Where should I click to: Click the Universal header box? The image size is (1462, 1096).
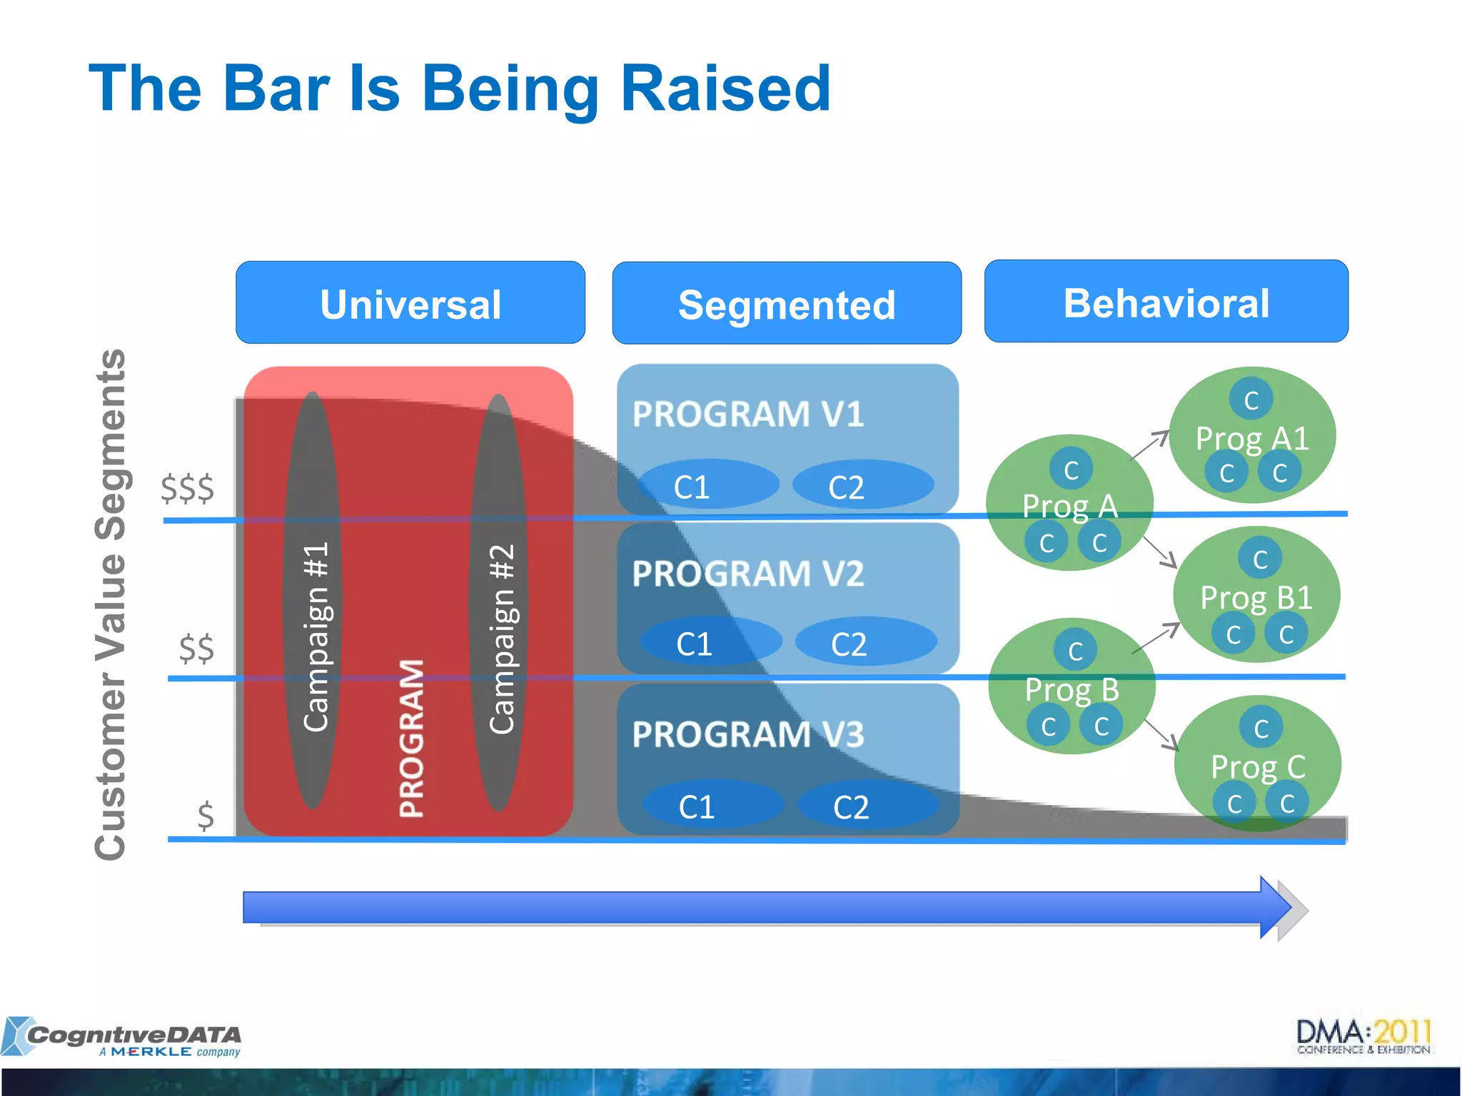(x=410, y=303)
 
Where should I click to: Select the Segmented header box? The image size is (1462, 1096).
(x=787, y=304)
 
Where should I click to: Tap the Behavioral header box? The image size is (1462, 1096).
(x=1166, y=302)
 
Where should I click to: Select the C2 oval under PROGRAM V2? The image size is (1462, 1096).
(x=865, y=642)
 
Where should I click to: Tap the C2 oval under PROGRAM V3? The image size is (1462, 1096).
(x=867, y=806)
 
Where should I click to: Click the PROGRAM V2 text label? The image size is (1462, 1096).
(x=747, y=574)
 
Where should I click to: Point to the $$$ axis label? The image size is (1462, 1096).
(x=187, y=489)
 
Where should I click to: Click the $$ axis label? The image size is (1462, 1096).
(x=196, y=648)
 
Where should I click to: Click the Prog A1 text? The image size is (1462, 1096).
(x=1252, y=438)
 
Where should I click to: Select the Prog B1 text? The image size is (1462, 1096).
(x=1256, y=597)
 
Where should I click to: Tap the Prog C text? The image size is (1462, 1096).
(x=1258, y=767)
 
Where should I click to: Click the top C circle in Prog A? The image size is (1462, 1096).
(x=1071, y=469)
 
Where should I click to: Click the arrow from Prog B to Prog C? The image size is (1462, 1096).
(x=1161, y=735)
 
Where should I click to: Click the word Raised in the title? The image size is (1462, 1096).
(x=725, y=88)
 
